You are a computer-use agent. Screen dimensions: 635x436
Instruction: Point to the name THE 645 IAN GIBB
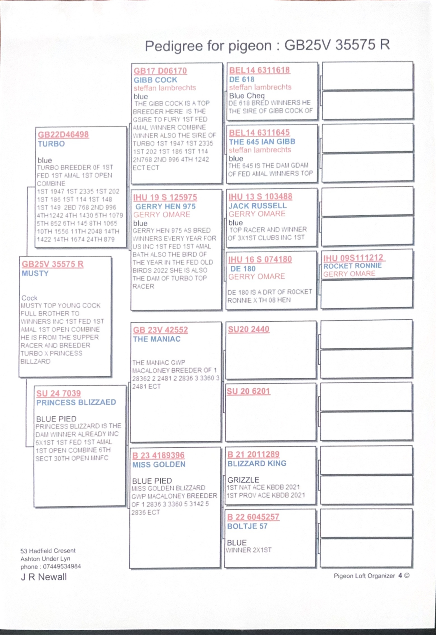(262, 142)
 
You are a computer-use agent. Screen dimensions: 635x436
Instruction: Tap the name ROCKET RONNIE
(352, 266)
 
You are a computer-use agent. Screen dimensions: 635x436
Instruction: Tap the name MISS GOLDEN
(159, 464)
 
